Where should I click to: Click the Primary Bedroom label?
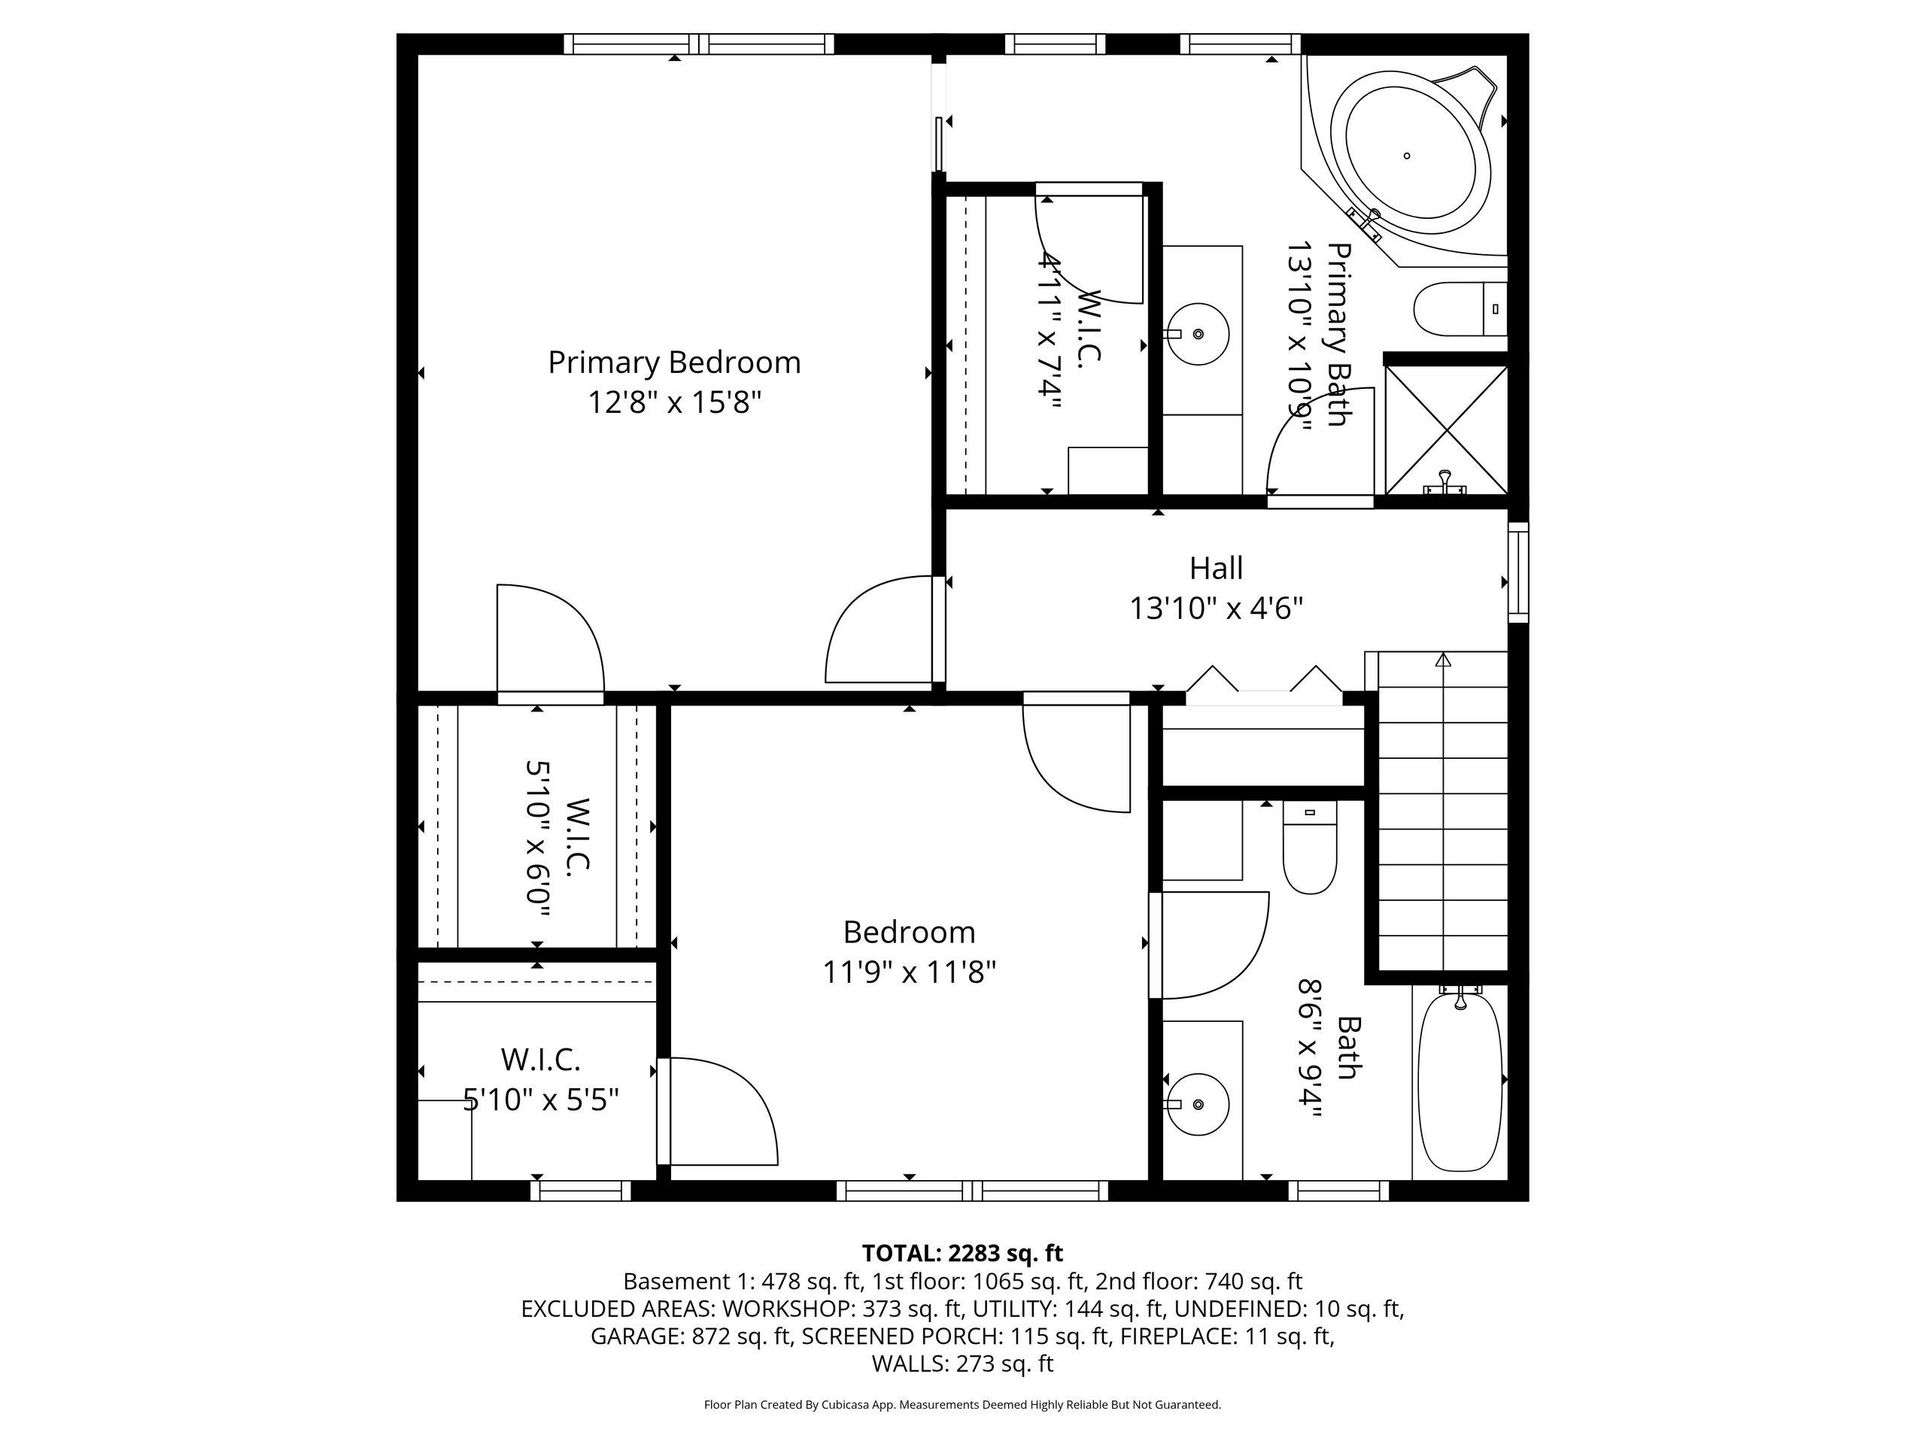674,362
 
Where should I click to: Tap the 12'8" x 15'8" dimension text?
674,403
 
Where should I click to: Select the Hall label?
1216,569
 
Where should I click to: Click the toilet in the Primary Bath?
1460,309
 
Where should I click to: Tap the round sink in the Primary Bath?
1197,333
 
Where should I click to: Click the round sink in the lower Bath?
1197,1105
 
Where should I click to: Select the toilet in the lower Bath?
1310,848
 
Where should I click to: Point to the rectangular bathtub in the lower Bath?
1460,1083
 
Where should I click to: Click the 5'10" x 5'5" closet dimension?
541,1100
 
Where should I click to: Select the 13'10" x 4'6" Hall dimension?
1216,608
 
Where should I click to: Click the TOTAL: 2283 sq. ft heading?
962,1254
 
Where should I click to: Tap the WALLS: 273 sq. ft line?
962,1364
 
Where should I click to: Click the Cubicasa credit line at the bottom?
962,1405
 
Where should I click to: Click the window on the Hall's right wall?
1517,572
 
